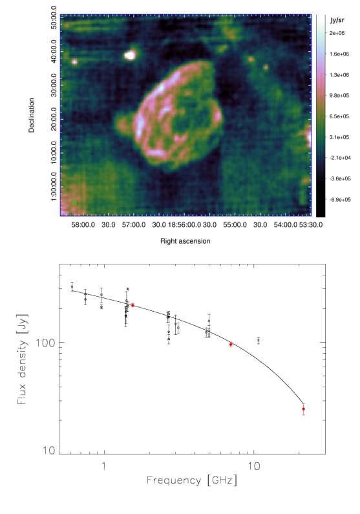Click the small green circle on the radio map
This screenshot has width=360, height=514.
coord(74,203)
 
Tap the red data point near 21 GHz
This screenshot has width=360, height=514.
coord(303,409)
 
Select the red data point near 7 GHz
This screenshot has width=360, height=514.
coord(231,344)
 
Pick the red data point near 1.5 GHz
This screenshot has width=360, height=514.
coord(132,305)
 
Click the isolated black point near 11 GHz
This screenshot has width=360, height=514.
coord(259,340)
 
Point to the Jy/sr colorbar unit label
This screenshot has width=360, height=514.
coord(337,20)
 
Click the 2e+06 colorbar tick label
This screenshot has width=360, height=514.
coord(337,33)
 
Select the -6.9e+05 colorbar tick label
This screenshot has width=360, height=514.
coord(340,200)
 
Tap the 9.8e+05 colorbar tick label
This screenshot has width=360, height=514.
coord(339,96)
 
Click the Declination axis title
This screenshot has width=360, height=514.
coord(32,115)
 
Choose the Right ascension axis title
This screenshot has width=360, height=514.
coord(185,241)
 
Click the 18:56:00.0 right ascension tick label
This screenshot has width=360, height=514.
coord(185,225)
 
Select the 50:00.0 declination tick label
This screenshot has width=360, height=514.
coord(54,17)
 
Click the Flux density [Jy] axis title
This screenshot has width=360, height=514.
coord(22,359)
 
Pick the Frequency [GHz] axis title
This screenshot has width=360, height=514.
coord(191,480)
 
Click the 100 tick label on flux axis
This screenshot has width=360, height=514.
coord(45,343)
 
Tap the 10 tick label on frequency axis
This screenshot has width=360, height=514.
coord(253,466)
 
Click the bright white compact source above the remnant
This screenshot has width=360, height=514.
coord(130,55)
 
